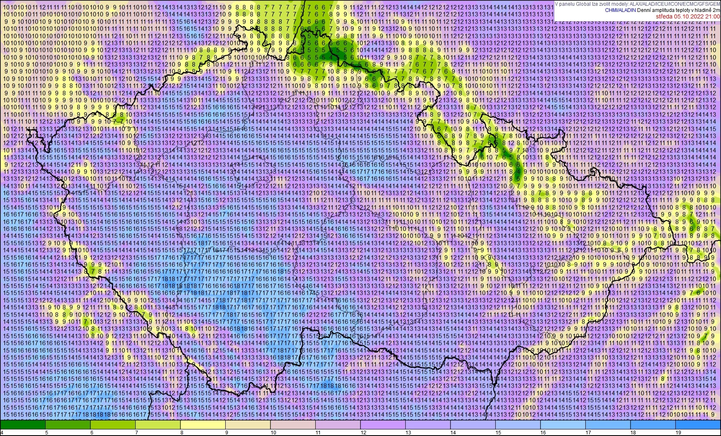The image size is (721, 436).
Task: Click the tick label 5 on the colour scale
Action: [46, 432]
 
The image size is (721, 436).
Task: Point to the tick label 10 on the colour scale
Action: [273, 432]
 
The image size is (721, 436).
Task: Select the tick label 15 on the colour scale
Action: [498, 432]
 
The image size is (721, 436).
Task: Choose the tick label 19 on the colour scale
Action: [678, 432]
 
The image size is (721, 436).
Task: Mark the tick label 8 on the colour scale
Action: [182, 432]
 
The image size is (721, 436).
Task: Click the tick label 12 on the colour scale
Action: [363, 432]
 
